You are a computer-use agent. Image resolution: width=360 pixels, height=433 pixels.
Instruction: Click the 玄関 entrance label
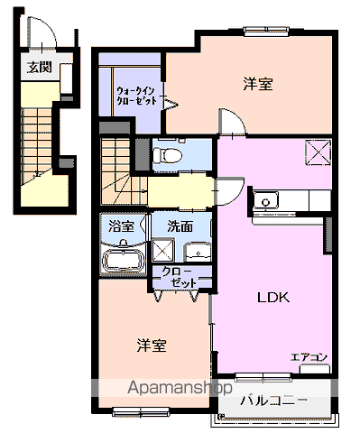[39, 68]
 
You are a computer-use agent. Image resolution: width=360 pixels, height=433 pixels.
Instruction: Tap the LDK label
[273, 298]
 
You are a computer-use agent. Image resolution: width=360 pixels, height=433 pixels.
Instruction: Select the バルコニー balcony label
[273, 401]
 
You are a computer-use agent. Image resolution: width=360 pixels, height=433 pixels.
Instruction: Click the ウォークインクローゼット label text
[136, 96]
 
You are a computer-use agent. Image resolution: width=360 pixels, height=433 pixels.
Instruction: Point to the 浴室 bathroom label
[121, 226]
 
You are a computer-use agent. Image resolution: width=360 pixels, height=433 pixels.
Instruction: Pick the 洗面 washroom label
[180, 226]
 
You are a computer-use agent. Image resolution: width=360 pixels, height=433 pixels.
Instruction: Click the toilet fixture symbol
[167, 156]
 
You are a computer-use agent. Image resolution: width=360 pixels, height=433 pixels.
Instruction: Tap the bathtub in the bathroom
[123, 261]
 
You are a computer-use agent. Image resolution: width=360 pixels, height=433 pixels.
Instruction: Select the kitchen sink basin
[265, 200]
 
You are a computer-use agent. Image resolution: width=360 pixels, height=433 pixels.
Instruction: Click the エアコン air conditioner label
[309, 357]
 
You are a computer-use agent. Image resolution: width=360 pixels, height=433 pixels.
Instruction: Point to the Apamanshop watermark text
[180, 388]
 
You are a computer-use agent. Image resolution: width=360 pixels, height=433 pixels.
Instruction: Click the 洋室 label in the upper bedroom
[258, 84]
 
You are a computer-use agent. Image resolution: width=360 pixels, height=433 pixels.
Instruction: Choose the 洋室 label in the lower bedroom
[152, 345]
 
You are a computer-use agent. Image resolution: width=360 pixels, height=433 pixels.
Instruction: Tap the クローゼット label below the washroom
[180, 277]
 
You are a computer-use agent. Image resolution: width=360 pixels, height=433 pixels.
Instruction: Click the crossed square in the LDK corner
[318, 152]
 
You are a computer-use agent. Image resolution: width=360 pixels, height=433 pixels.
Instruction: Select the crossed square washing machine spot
[163, 250]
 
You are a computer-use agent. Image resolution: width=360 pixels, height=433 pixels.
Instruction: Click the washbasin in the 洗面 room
[198, 253]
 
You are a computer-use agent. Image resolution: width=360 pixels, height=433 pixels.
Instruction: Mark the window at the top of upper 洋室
[266, 31]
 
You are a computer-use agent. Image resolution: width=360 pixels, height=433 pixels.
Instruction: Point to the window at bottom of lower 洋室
[141, 411]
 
